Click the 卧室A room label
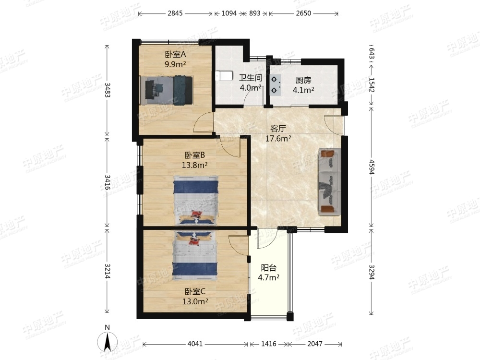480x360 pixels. tap(176, 55)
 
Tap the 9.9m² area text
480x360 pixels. tap(175, 64)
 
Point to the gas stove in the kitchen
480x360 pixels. tap(276, 84)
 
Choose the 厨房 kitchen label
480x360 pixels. tap(303, 80)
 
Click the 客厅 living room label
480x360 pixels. tap(278, 128)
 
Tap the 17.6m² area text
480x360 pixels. tap(278, 139)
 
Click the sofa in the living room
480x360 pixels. tap(329, 181)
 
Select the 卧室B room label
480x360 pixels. tap(195, 155)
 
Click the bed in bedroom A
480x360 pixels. tap(167, 90)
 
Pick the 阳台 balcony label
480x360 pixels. tap(269, 268)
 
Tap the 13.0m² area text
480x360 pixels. tap(195, 301)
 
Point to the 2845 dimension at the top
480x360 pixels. tap(175, 13)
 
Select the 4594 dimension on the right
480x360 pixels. tap(372, 167)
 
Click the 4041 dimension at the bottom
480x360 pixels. tap(195, 344)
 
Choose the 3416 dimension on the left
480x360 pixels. tap(108, 182)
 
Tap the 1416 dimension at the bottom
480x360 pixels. tap(269, 344)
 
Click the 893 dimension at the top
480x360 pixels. tap(255, 13)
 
